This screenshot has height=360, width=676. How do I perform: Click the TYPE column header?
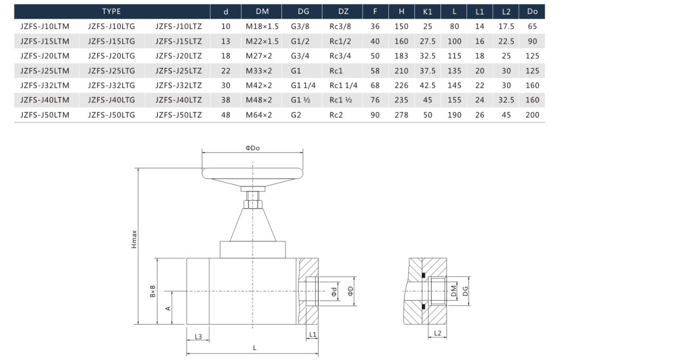pyautogui.click(x=111, y=11)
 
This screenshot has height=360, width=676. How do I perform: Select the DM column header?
pyautogui.click(x=262, y=11)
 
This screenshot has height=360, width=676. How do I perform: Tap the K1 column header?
pyautogui.click(x=427, y=11)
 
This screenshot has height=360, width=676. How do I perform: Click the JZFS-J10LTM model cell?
pyautogui.click(x=45, y=27)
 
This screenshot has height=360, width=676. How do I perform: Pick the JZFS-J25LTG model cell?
pyautogui.click(x=111, y=71)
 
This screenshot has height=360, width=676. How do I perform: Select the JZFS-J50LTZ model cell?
pyautogui.click(x=179, y=115)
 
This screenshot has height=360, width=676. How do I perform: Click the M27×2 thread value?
pyautogui.click(x=258, y=56)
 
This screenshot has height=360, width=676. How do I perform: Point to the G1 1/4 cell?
pyautogui.click(x=303, y=85)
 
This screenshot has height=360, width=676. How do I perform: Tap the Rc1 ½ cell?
pyautogui.click(x=341, y=100)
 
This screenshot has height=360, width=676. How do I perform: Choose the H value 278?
pyautogui.click(x=401, y=115)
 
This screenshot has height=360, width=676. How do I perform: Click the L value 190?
pyautogui.click(x=454, y=115)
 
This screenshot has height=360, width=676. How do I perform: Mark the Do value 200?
pyautogui.click(x=532, y=115)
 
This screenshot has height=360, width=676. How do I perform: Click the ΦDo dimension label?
pyautogui.click(x=253, y=148)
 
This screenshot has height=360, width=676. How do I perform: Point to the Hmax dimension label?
pyautogui.click(x=134, y=239)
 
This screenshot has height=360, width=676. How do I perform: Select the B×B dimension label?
pyautogui.click(x=153, y=291)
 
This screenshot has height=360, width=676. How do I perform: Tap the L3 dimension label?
pyautogui.click(x=198, y=337)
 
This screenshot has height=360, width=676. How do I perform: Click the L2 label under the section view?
pyautogui.click(x=437, y=333)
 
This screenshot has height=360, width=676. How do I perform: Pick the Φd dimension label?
pyautogui.click(x=334, y=291)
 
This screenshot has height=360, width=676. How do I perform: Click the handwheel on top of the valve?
pyautogui.click(x=253, y=174)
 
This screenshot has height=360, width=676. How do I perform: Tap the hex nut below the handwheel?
pyautogui.click(x=253, y=204)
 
